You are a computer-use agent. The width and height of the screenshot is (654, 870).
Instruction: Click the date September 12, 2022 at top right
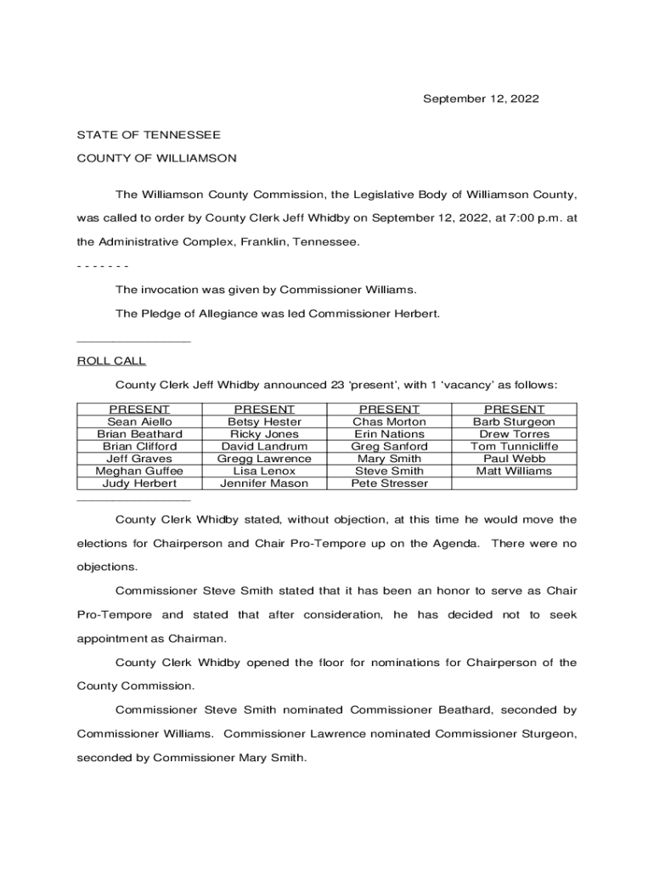pyautogui.click(x=481, y=99)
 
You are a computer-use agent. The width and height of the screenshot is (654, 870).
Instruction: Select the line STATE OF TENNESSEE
pyautogui.click(x=149, y=135)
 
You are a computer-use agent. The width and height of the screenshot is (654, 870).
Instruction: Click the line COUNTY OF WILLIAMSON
pyautogui.click(x=156, y=158)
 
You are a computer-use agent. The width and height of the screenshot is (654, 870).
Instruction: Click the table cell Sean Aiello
pyautogui.click(x=139, y=421)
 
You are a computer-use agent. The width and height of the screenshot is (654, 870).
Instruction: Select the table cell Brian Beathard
pyautogui.click(x=139, y=434)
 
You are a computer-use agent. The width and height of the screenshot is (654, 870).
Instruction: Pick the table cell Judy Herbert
pyautogui.click(x=139, y=483)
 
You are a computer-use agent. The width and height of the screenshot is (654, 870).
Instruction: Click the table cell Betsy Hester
pyautogui.click(x=264, y=421)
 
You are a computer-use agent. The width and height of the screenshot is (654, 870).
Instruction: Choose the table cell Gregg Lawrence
pyautogui.click(x=264, y=459)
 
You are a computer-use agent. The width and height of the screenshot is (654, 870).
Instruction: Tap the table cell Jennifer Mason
pyautogui.click(x=264, y=483)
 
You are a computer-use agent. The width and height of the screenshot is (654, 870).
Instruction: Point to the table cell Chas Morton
pyautogui.click(x=389, y=421)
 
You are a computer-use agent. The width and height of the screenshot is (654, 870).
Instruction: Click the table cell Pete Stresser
pyautogui.click(x=389, y=483)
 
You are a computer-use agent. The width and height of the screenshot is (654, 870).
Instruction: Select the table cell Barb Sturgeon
pyautogui.click(x=514, y=421)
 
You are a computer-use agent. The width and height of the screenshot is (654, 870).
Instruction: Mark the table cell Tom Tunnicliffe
pyautogui.click(x=514, y=446)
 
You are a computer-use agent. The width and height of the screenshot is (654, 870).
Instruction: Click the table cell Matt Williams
pyautogui.click(x=514, y=471)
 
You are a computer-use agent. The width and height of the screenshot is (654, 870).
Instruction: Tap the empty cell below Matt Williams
pyautogui.click(x=514, y=483)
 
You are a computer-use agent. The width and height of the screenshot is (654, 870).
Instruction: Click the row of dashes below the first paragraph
pyautogui.click(x=103, y=266)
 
